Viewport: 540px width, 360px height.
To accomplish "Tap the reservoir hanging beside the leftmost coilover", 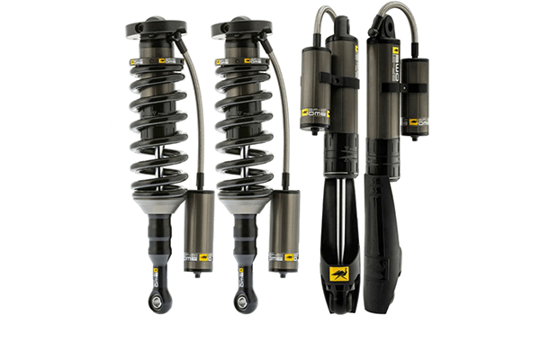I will pos(198,229).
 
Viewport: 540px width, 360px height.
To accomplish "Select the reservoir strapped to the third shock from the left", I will pos(317,85).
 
